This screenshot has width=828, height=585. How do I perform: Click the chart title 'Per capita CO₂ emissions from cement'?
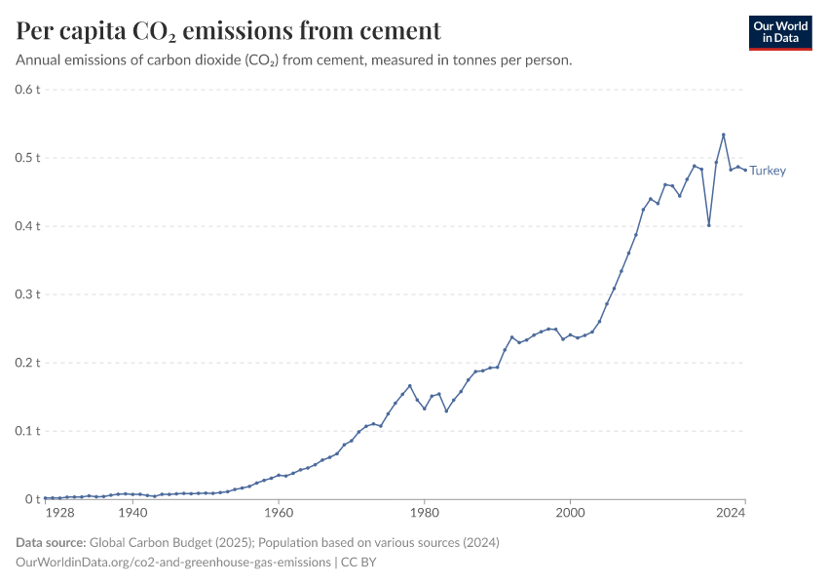tap(228, 30)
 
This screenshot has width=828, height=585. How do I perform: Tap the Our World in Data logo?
tap(779, 32)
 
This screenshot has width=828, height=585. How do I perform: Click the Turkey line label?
tap(768, 171)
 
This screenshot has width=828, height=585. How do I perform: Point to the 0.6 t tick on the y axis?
tap(27, 90)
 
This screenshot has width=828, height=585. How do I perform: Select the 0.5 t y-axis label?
tap(27, 158)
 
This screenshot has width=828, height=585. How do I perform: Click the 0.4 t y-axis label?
tap(27, 226)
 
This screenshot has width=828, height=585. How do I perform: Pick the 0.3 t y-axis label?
tap(27, 294)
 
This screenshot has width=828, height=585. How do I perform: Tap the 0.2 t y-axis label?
tap(27, 363)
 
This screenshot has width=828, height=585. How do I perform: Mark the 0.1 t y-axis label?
tap(27, 431)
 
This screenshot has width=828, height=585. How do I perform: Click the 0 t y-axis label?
tap(33, 499)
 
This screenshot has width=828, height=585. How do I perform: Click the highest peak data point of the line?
tap(723, 135)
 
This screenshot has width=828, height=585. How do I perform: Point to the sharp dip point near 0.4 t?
tap(709, 225)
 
